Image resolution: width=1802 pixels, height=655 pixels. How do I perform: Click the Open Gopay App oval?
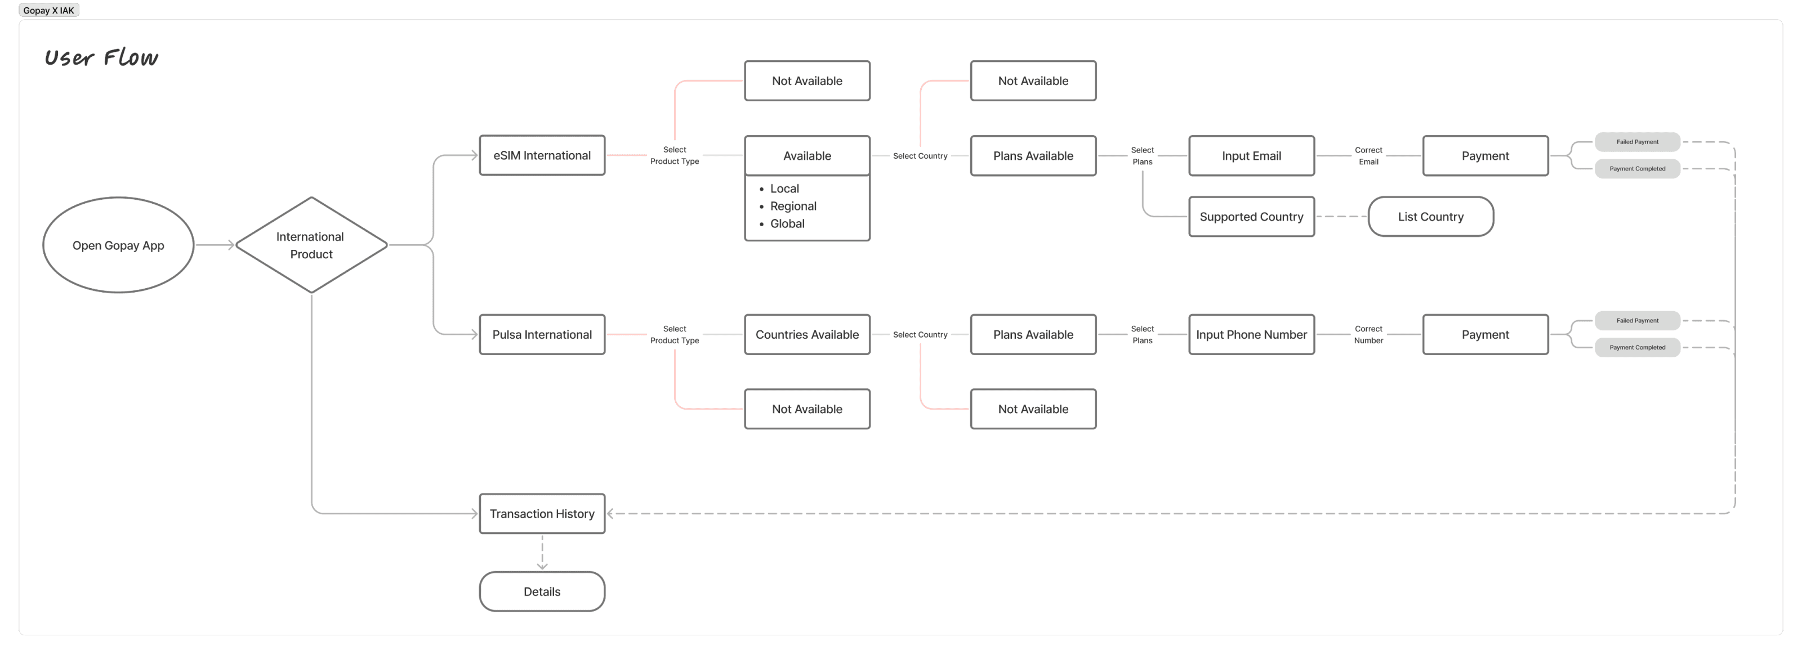pyautogui.click(x=118, y=245)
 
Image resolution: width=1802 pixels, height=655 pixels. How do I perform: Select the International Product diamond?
pyautogui.click(x=311, y=245)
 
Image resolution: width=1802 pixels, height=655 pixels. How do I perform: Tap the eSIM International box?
pyautogui.click(x=542, y=155)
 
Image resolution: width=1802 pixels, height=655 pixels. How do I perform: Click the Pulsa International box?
pyautogui.click(x=542, y=334)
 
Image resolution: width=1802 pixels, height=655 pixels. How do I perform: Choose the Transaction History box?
pyautogui.click(x=542, y=514)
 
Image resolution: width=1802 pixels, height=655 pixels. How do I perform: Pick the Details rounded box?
pyautogui.click(x=542, y=591)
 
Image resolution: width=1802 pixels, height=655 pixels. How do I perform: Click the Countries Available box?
pyautogui.click(x=808, y=334)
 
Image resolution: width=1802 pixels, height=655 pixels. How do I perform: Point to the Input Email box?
pyautogui.click(x=1251, y=156)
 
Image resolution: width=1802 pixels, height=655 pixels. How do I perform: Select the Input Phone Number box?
pyautogui.click(x=1251, y=334)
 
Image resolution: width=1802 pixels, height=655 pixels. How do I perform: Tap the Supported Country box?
pyautogui.click(x=1251, y=217)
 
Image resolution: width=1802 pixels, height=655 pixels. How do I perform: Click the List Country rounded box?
pyautogui.click(x=1430, y=217)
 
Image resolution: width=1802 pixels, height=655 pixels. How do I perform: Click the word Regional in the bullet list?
pyautogui.click(x=793, y=206)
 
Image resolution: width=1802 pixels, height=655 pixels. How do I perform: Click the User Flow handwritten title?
pyautogui.click(x=101, y=57)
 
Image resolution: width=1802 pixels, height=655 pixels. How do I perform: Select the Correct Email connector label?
pyautogui.click(x=1368, y=156)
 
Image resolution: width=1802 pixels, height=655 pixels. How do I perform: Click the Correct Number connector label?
pyautogui.click(x=1368, y=335)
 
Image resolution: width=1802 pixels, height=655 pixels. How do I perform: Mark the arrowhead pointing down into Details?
pyautogui.click(x=542, y=565)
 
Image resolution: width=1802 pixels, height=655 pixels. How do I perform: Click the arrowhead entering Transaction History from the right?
pyautogui.click(x=610, y=514)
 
